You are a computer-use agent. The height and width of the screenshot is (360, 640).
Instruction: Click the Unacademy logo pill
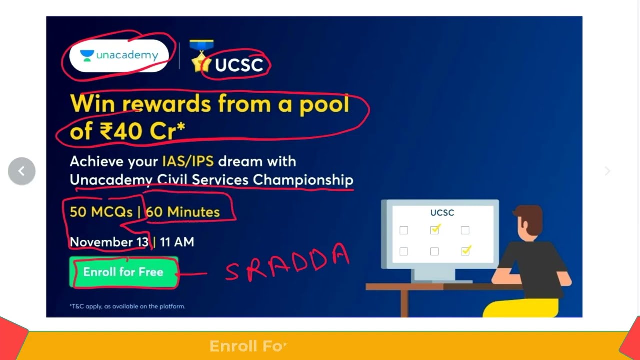[x=119, y=56]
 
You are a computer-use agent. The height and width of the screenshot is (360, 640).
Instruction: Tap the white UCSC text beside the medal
[x=239, y=65]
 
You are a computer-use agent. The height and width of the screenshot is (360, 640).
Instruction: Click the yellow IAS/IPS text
[x=188, y=161]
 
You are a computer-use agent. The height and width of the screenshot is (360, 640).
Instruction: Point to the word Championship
[x=303, y=180]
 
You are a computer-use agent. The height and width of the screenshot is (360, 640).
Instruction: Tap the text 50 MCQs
[x=101, y=212]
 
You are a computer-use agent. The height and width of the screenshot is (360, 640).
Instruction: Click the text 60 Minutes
[x=183, y=212]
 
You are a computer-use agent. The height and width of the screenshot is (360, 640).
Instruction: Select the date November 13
[x=109, y=242]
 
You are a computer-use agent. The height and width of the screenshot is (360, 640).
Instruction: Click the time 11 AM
[x=177, y=242]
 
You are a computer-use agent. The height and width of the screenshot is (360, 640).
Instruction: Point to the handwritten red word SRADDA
[x=287, y=263]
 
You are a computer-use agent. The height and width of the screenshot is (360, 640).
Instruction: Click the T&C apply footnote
[x=127, y=306]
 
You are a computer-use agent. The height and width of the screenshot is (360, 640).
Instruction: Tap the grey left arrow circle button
[x=22, y=171]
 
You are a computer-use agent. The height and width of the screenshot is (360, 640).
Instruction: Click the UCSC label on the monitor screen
[x=442, y=213]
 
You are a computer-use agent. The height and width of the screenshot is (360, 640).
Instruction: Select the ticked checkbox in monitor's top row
[x=435, y=229]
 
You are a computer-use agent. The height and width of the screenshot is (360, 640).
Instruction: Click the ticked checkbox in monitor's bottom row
[x=466, y=250]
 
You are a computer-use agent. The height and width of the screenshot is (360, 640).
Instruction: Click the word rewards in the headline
[x=167, y=104]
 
